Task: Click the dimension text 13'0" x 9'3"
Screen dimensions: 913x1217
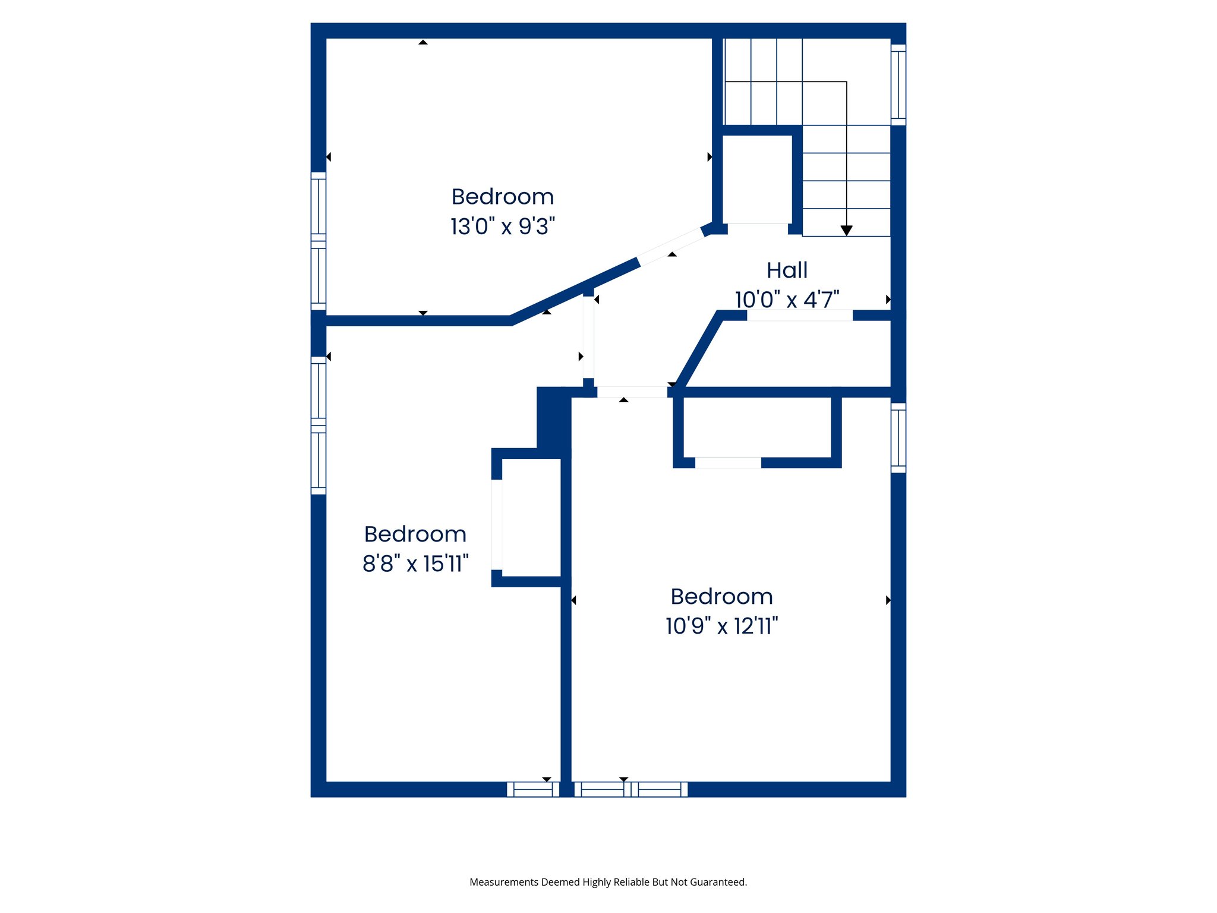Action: [x=503, y=226]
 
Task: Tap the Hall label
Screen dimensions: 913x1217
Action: [x=787, y=270]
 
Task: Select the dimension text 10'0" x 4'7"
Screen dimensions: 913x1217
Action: [x=787, y=300]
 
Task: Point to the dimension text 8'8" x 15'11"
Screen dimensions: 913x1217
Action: [x=415, y=563]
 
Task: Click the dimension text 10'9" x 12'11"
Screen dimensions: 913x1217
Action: [x=721, y=626]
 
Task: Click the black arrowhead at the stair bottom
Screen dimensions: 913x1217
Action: [x=847, y=231]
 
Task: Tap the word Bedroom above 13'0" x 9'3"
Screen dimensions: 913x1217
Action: [x=503, y=197]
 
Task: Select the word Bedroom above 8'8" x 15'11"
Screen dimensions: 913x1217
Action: [x=415, y=534]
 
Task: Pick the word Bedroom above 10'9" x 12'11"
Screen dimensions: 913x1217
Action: [x=721, y=596]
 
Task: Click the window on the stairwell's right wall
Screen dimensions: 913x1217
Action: [x=898, y=85]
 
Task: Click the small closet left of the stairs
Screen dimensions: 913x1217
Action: [x=757, y=178]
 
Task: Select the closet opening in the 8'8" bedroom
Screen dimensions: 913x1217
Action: [x=497, y=524]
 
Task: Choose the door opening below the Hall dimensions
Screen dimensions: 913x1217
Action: [x=799, y=316]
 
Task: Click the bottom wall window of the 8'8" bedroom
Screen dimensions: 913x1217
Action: [x=533, y=789]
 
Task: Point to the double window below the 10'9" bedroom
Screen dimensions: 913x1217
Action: [x=630, y=789]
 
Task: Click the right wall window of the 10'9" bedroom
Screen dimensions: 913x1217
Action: [x=898, y=438]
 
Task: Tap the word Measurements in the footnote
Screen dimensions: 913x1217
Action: [x=503, y=882]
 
